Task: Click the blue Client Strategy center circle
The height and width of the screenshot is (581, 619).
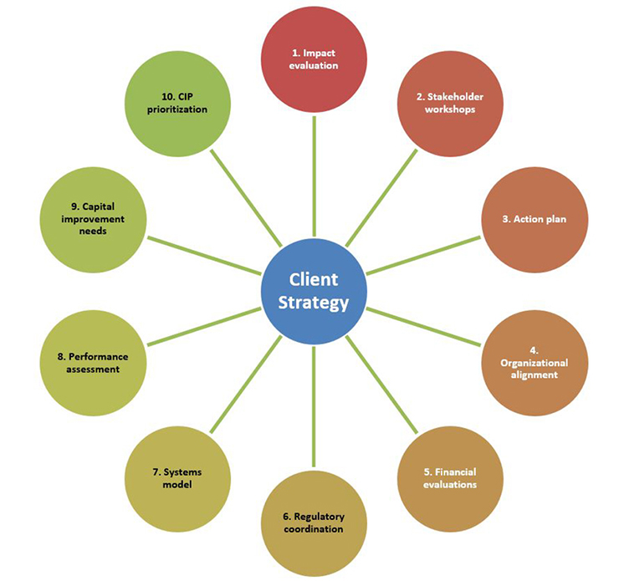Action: tap(314, 290)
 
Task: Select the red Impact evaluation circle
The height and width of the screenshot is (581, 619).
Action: tap(314, 59)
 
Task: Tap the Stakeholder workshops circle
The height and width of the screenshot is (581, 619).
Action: tap(449, 103)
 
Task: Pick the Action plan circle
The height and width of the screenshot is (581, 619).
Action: tap(533, 219)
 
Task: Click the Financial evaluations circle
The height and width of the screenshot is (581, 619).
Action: tap(449, 477)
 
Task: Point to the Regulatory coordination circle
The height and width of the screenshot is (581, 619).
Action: tap(314, 522)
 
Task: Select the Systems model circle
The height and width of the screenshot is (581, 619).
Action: tap(177, 477)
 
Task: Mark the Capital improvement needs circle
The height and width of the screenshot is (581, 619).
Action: tap(94, 219)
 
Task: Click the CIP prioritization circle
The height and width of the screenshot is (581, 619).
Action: tap(177, 103)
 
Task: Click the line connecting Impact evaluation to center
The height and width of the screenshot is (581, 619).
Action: tap(314, 176)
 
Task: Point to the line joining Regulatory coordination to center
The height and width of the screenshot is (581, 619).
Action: tap(314, 405)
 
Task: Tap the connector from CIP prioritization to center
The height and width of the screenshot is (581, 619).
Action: tap(246, 197)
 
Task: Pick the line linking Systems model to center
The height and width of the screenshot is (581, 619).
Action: tap(246, 384)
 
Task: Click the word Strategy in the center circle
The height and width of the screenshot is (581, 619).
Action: tap(314, 303)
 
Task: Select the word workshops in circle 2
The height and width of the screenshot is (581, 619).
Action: tap(449, 110)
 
